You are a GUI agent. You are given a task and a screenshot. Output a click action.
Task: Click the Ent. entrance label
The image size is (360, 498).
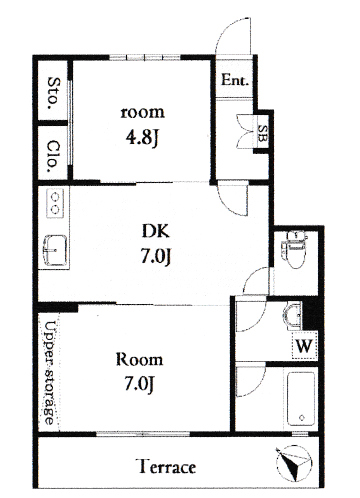coord(235,80)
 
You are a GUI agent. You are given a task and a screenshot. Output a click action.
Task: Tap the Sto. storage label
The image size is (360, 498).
coord(53,93)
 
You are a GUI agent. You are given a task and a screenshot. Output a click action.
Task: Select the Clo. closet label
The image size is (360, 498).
coord(53,156)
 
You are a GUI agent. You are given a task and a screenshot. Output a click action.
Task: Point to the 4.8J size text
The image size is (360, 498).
coord(141,137)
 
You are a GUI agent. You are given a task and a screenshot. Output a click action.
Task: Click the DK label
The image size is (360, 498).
coord(155,231)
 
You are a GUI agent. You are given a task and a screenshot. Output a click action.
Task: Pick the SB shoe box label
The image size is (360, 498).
coord(263,133)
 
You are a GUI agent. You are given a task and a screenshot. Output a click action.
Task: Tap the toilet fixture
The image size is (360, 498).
coord(294,248)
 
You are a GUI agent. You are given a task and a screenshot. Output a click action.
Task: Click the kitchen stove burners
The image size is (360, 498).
coord(55,203)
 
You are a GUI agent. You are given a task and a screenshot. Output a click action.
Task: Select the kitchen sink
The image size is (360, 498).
coord(55,251)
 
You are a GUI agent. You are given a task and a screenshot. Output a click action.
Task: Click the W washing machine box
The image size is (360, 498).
coord(304,345)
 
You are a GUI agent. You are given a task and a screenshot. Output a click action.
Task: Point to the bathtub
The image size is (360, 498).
coord(301,399)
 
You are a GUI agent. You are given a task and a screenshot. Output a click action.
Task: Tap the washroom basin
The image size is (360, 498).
coord(293,316)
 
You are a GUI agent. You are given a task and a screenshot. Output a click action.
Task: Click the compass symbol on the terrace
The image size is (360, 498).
coord(294,464)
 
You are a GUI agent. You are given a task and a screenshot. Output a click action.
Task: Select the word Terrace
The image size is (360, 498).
coord(167,466)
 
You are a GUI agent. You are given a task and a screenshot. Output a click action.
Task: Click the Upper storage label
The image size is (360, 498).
coord(50,373)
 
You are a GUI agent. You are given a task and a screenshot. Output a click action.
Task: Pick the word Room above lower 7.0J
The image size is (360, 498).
coord(140,360)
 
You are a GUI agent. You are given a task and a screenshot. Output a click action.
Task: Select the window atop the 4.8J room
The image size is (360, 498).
coord(145,57)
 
